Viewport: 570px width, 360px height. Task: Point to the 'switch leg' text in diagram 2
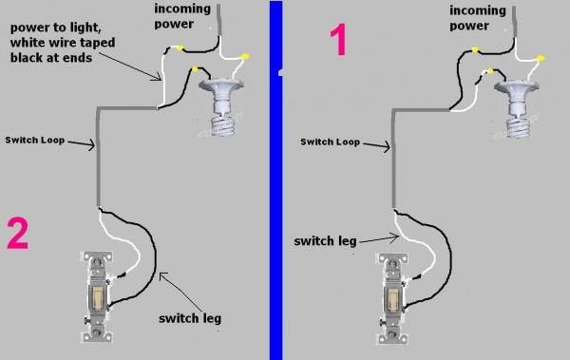click(x=193, y=319)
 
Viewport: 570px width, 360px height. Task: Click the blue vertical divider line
click(x=275, y=180)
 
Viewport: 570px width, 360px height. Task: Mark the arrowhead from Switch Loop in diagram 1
click(x=388, y=147)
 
